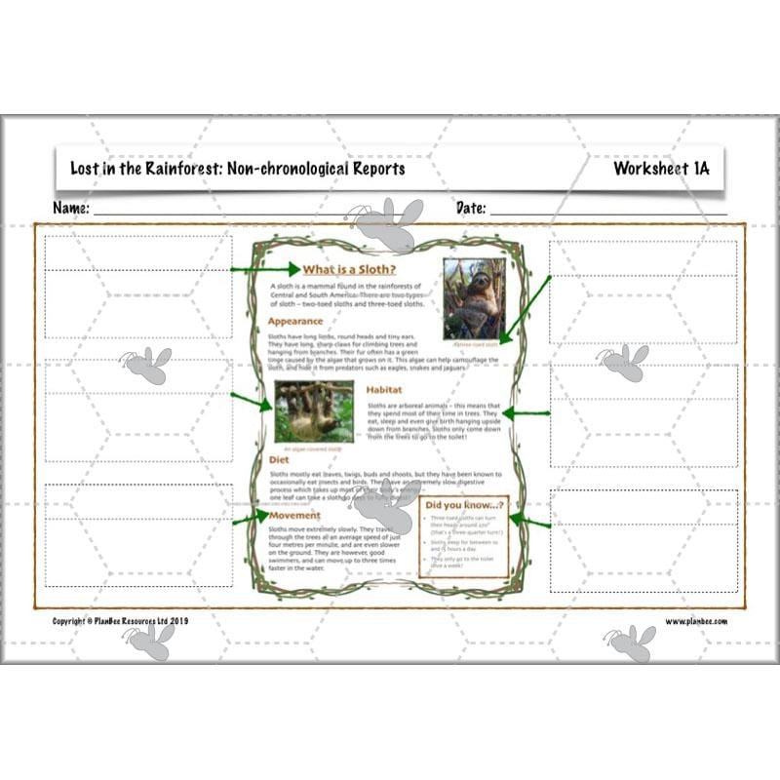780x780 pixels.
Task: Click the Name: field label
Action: pyautogui.click(x=71, y=208)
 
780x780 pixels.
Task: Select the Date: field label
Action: pyautogui.click(x=471, y=208)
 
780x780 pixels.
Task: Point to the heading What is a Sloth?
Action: pyautogui.click(x=349, y=270)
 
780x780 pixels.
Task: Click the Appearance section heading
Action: pyautogui.click(x=295, y=321)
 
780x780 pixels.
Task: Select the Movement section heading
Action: pyautogui.click(x=295, y=515)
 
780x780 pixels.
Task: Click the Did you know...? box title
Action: pyautogui.click(x=463, y=505)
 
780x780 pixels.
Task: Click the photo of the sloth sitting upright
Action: pyautogui.click(x=470, y=298)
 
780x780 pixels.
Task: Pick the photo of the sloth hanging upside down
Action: pyautogui.click(x=314, y=411)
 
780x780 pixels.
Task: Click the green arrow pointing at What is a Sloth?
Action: pyautogui.click(x=264, y=268)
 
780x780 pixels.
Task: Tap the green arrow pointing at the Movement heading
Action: pyautogui.click(x=249, y=518)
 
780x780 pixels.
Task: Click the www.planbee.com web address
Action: pyautogui.click(x=696, y=621)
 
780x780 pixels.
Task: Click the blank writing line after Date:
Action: pyautogui.click(x=608, y=212)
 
